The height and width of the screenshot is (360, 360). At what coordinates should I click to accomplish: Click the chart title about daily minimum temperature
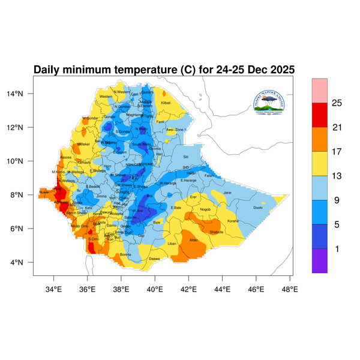(x=164, y=70)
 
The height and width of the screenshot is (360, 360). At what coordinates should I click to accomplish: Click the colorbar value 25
(x=337, y=103)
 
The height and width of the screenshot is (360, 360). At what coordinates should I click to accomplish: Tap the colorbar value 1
(x=337, y=248)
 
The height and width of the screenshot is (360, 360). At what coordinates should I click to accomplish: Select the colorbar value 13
(x=337, y=176)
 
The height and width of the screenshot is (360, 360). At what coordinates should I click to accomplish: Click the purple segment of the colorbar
(x=319, y=261)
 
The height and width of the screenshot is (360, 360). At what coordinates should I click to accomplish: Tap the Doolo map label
(x=258, y=208)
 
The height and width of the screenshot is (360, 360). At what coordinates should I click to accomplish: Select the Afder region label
(x=194, y=240)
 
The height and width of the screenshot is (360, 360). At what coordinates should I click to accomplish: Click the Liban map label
(x=172, y=244)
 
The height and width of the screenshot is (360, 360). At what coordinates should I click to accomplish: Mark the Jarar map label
(x=227, y=193)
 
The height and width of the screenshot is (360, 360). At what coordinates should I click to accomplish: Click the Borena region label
(x=125, y=254)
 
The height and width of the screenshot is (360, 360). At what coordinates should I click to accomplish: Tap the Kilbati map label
(x=166, y=103)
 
